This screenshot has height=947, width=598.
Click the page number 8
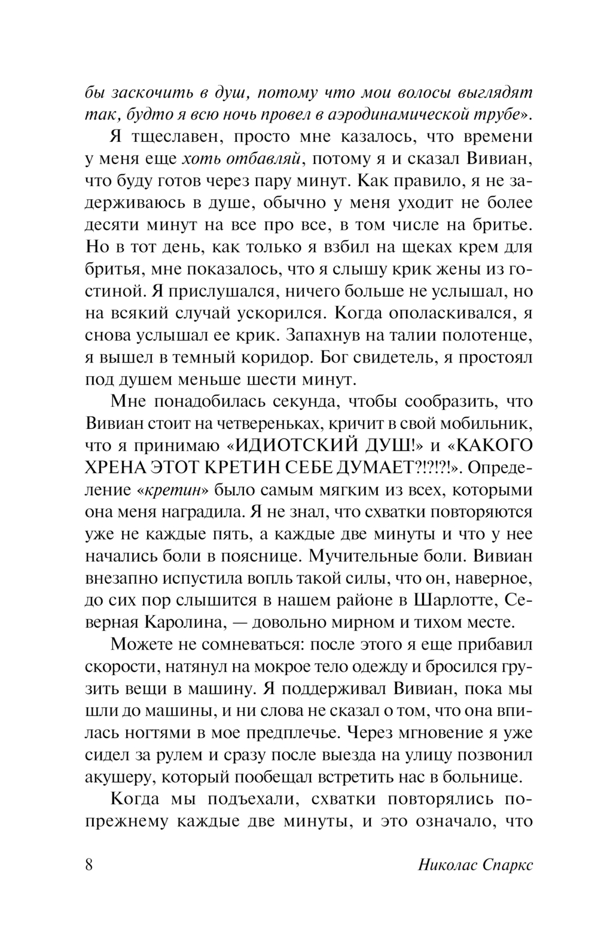coord(89,865)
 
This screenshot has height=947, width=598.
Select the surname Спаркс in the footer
coord(506,865)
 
